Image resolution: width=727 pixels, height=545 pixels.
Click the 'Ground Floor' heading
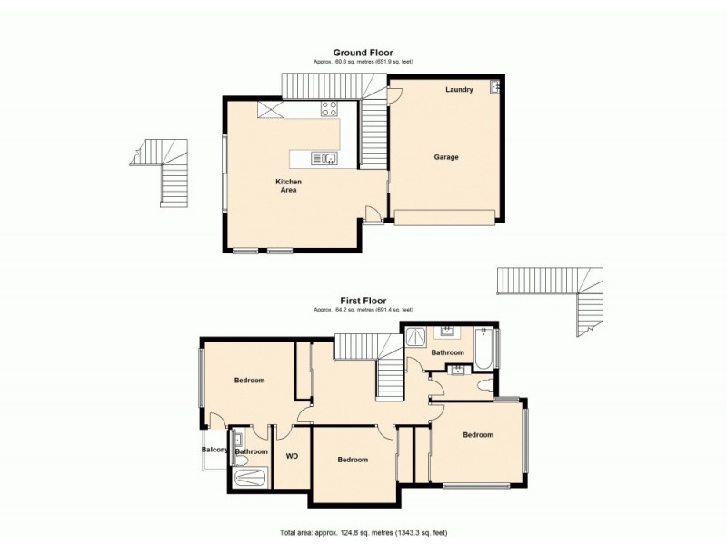coord(363,53)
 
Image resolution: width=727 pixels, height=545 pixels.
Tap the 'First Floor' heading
coord(363,301)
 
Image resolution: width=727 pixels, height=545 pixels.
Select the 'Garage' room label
coord(445,157)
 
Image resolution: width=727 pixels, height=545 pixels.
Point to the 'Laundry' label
coord(459,90)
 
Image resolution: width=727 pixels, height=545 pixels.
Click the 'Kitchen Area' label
coord(289,186)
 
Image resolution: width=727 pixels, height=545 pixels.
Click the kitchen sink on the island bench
coord(326,159)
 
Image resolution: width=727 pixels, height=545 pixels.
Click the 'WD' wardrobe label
coord(293,456)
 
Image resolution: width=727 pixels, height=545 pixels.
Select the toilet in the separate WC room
coord(485,385)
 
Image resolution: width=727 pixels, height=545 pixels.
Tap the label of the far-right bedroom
coord(478,435)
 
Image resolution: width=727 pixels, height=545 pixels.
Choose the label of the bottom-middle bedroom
coord(353,460)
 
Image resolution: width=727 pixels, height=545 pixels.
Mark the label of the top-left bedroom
coord(249,381)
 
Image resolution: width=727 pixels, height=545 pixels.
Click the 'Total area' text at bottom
coord(363,532)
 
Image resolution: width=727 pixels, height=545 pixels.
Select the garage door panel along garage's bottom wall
coord(444,216)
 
